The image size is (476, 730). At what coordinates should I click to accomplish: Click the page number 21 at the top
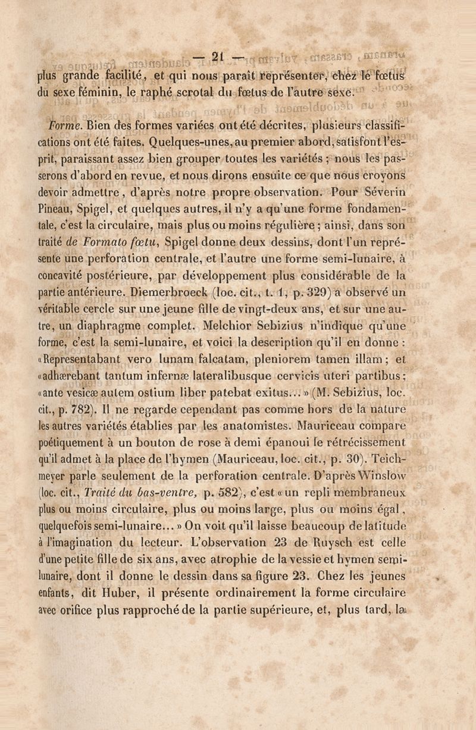point(217,58)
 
